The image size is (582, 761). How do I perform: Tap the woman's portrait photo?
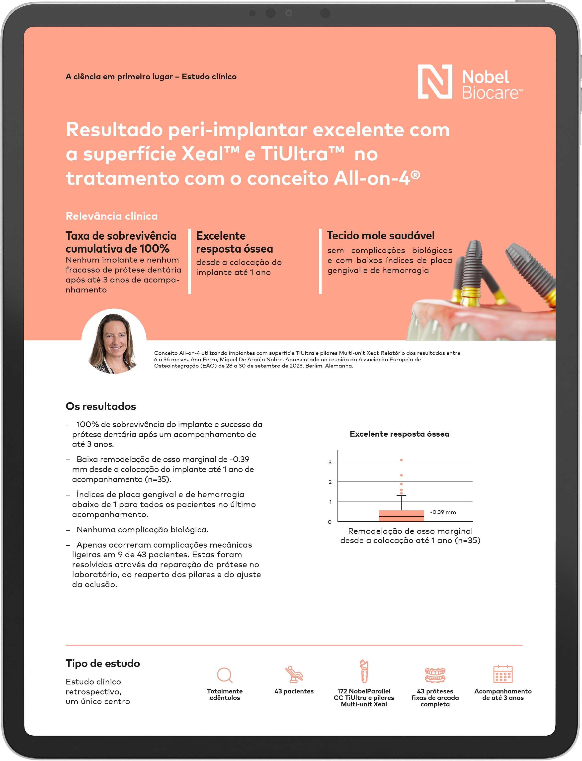(x=114, y=342)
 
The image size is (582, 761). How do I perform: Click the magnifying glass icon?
(x=225, y=675)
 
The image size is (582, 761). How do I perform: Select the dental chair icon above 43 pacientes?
(x=294, y=674)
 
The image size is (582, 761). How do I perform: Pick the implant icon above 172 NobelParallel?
(x=364, y=671)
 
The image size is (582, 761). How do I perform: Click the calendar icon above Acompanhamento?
(x=503, y=674)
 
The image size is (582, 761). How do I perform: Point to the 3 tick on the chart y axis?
(x=330, y=462)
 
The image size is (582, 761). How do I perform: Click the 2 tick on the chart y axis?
(x=330, y=482)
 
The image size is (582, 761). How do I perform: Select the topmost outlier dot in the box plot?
(x=401, y=460)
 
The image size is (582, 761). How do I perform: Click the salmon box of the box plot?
(x=401, y=515)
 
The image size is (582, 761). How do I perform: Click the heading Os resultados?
(x=101, y=406)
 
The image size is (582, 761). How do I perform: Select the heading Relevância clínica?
(x=112, y=216)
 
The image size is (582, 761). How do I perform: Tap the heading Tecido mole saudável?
(x=380, y=236)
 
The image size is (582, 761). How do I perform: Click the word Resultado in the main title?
(x=114, y=130)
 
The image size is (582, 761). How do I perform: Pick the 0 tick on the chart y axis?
(x=330, y=522)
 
